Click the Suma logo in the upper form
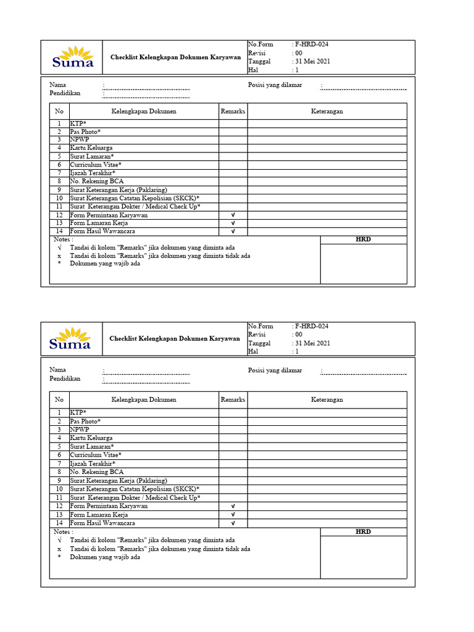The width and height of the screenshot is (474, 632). pyautogui.click(x=73, y=57)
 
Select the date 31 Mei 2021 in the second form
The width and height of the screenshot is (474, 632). pyautogui.click(x=313, y=343)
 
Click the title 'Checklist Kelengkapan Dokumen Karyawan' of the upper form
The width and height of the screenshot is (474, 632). pyautogui.click(x=175, y=57)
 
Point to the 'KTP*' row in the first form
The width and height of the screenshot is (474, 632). pyautogui.click(x=78, y=123)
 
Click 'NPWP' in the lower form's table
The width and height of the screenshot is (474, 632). pyautogui.click(x=79, y=429)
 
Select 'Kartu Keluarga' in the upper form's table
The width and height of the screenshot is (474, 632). pyautogui.click(x=91, y=148)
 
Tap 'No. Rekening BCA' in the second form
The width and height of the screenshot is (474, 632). pyautogui.click(x=96, y=472)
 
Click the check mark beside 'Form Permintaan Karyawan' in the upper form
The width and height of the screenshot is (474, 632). pyautogui.click(x=233, y=215)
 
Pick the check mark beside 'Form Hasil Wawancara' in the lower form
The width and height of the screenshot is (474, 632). pyautogui.click(x=233, y=523)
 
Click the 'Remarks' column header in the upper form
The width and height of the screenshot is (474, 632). pyautogui.click(x=233, y=111)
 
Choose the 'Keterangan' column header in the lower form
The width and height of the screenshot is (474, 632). pyautogui.click(x=326, y=399)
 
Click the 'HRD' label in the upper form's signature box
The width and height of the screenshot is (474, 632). pyautogui.click(x=364, y=239)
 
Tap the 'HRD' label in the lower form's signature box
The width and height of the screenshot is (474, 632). pyautogui.click(x=364, y=531)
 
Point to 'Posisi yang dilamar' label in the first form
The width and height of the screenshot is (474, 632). pyautogui.click(x=275, y=85)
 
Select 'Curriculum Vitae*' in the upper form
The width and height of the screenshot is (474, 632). pyautogui.click(x=96, y=165)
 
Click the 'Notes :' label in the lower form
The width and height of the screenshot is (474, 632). pyautogui.click(x=64, y=531)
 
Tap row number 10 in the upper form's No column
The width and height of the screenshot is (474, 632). pyautogui.click(x=59, y=198)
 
